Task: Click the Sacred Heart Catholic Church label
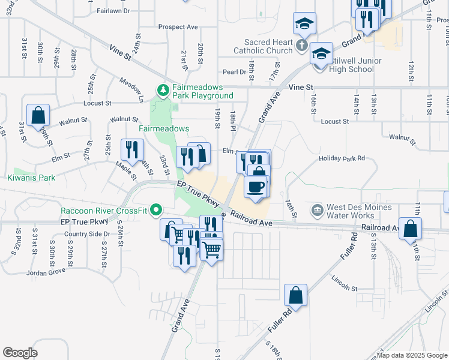click(268, 47)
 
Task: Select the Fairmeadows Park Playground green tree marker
click(162, 91)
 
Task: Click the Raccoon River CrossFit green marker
click(157, 210)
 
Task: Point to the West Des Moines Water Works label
click(359, 211)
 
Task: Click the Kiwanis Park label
click(31, 178)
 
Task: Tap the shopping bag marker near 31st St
click(38, 115)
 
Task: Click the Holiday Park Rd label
click(342, 158)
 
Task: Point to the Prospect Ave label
click(178, 27)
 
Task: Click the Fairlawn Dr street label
click(112, 11)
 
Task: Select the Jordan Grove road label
click(46, 272)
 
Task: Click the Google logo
click(20, 353)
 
